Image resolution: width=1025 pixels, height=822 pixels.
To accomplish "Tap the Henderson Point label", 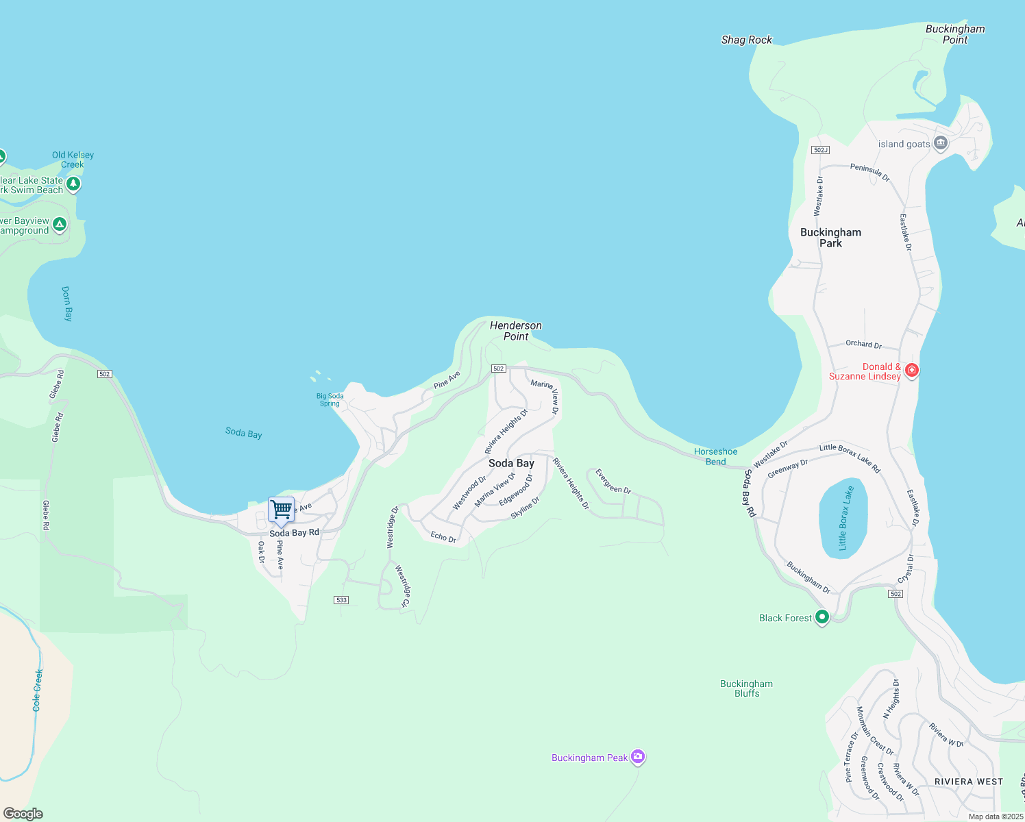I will (x=516, y=331).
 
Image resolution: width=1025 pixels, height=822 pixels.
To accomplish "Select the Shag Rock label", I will (x=746, y=40).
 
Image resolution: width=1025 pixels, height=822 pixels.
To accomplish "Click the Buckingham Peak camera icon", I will (x=638, y=757).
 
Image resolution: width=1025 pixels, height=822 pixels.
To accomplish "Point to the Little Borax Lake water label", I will (x=846, y=518).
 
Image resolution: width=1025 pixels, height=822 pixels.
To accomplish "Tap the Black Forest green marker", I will (x=822, y=617).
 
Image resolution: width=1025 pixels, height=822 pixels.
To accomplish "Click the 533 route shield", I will (x=341, y=600).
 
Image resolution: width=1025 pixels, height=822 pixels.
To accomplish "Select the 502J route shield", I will (x=819, y=150).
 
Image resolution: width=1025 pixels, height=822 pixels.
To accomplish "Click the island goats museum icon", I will (x=941, y=143).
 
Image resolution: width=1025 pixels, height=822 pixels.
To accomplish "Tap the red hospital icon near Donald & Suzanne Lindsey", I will (x=911, y=370).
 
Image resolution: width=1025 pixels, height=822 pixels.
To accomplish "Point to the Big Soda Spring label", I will (x=330, y=399).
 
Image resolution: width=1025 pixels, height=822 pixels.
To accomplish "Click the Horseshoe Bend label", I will (x=716, y=456).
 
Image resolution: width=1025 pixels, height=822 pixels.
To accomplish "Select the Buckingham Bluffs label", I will (x=746, y=688).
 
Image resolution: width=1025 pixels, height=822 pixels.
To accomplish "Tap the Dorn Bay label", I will (x=67, y=303).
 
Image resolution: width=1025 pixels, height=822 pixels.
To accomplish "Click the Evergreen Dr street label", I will (x=613, y=481).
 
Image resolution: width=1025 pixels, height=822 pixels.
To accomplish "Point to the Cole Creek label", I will (x=38, y=690).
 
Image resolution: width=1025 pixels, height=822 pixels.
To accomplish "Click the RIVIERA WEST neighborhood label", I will (x=968, y=782).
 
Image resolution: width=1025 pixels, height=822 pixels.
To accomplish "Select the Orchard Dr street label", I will (x=863, y=344).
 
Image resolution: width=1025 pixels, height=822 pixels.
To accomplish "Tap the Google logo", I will (x=23, y=814).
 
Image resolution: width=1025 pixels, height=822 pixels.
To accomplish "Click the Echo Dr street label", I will (x=443, y=536).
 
